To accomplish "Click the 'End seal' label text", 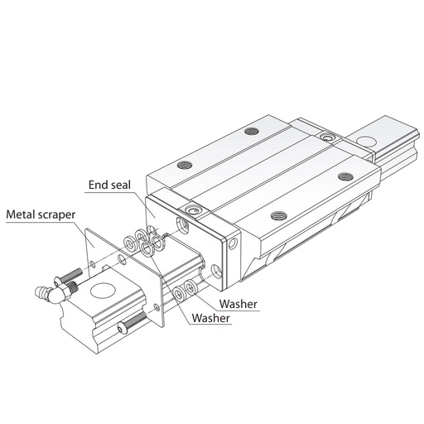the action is pyautogui.click(x=109, y=185).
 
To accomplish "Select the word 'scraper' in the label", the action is pyautogui.click(x=56, y=215).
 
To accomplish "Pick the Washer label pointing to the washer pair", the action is pyautogui.click(x=238, y=304).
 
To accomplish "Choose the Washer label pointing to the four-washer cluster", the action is pyautogui.click(x=211, y=318).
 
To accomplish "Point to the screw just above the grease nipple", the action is pyautogui.click(x=68, y=276).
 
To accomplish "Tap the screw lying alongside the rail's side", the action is pyautogui.click(x=132, y=320).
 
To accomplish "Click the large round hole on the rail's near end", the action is pyautogui.click(x=103, y=291).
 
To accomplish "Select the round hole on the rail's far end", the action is pyautogui.click(x=366, y=141).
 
